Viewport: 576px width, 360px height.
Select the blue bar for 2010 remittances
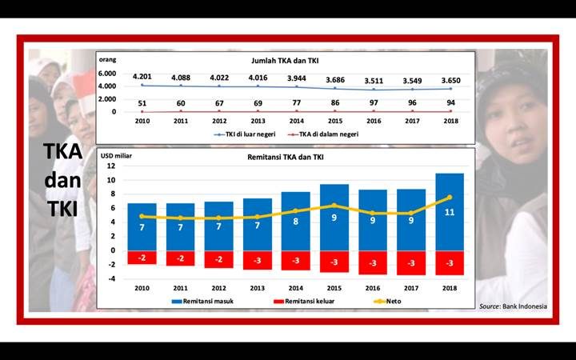(x=142, y=226)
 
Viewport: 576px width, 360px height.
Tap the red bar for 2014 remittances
(x=296, y=260)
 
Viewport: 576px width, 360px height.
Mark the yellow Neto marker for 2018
(x=450, y=197)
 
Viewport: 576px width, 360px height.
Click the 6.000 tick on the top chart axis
(x=107, y=73)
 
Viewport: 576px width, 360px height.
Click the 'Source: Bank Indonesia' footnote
(x=513, y=306)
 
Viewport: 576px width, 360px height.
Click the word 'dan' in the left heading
(x=62, y=181)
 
